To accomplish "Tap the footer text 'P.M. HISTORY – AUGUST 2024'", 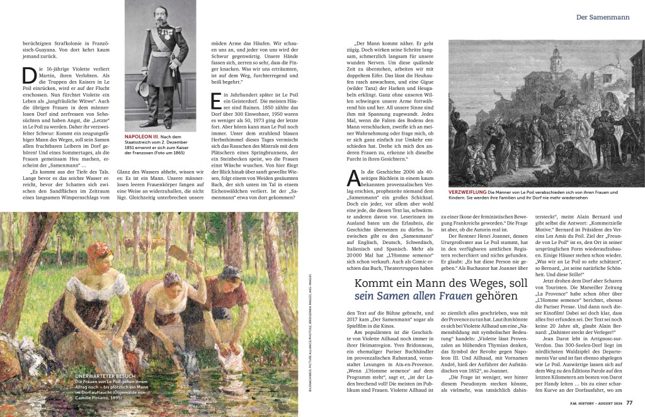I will [x=588, y=404].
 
